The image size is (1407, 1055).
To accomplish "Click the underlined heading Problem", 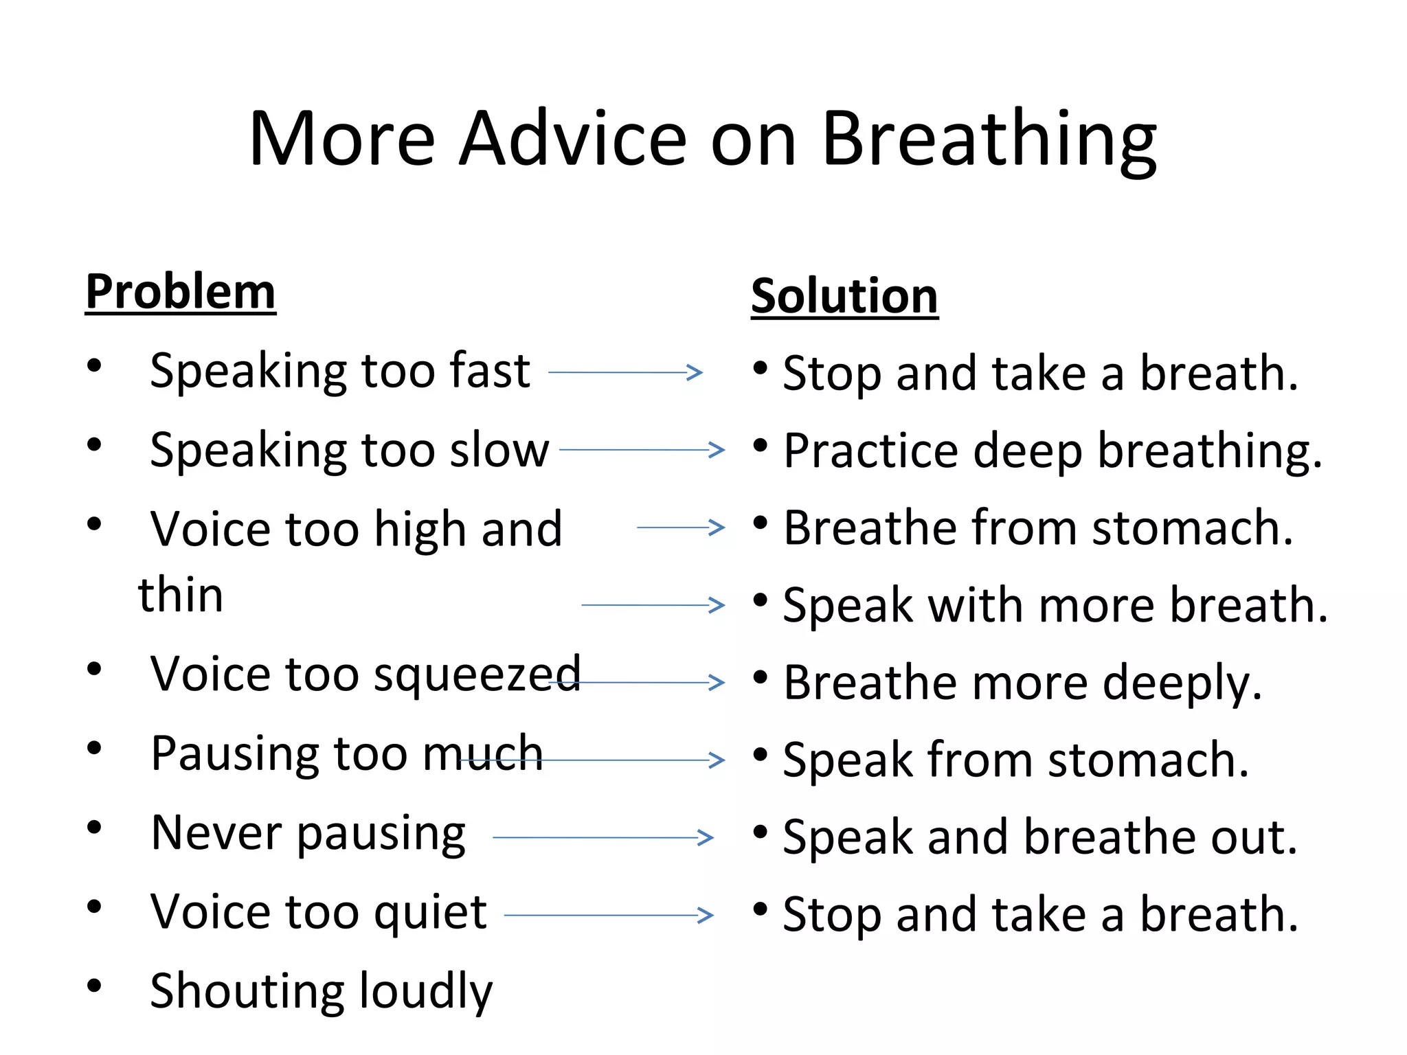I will (x=180, y=292).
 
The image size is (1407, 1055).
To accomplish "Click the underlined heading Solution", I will (x=844, y=296).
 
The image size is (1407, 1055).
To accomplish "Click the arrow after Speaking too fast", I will (x=625, y=372).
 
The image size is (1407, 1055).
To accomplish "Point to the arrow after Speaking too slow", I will (x=642, y=450).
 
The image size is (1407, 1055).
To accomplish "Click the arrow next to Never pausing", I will (x=603, y=837).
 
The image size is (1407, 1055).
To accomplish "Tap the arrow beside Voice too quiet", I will (x=609, y=915).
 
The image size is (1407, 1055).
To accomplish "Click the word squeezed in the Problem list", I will (x=477, y=675).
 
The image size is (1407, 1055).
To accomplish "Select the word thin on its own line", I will (x=181, y=595).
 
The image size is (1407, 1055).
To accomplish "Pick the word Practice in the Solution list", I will (x=870, y=451).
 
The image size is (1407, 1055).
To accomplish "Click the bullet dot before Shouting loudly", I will (x=94, y=986).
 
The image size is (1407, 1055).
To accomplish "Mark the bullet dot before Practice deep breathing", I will (x=760, y=446).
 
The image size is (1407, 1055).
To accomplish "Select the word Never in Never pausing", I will (x=216, y=833).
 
